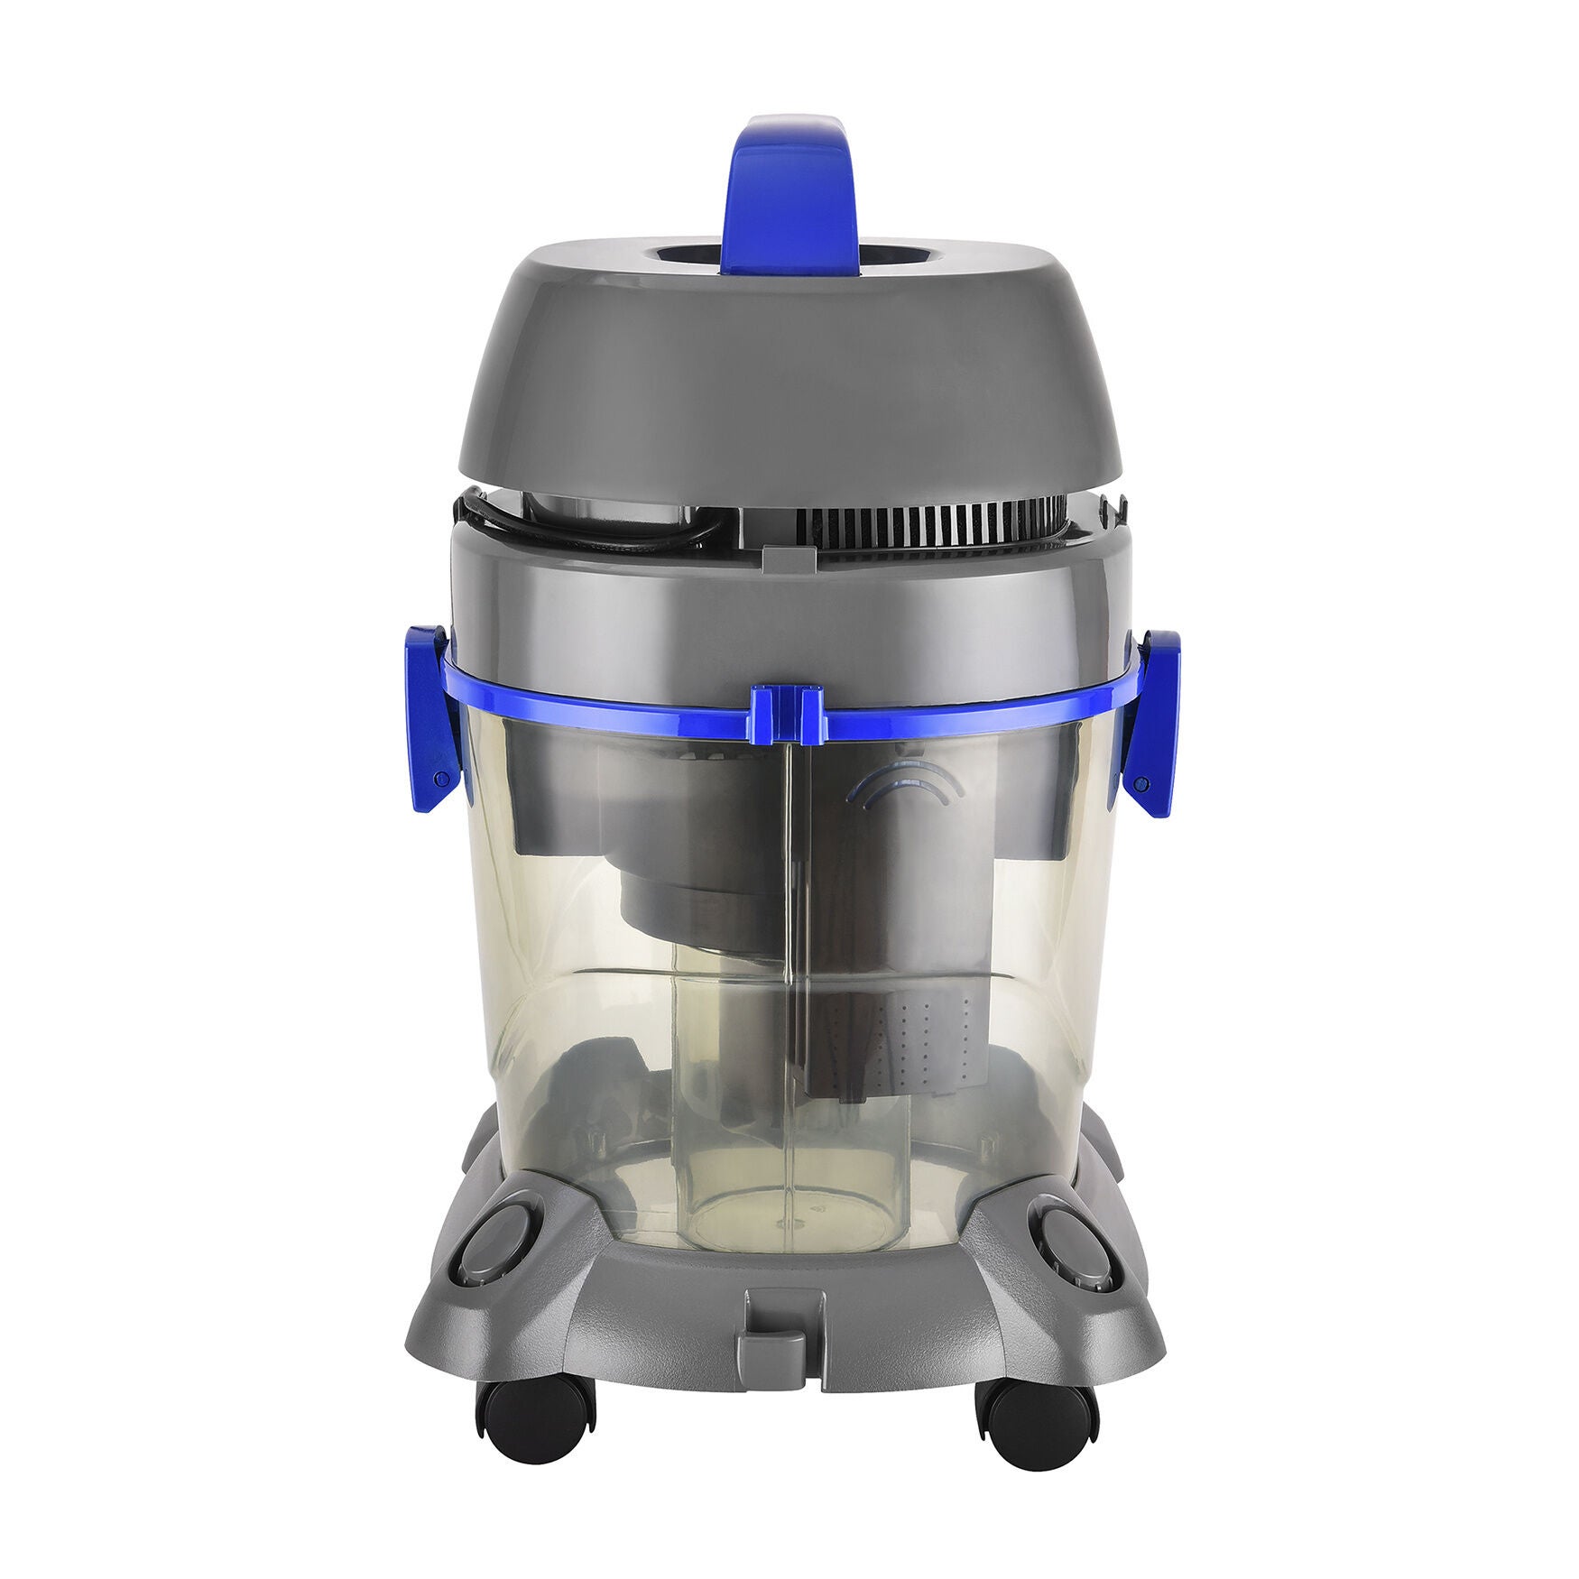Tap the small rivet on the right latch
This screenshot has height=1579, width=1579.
1142,781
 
